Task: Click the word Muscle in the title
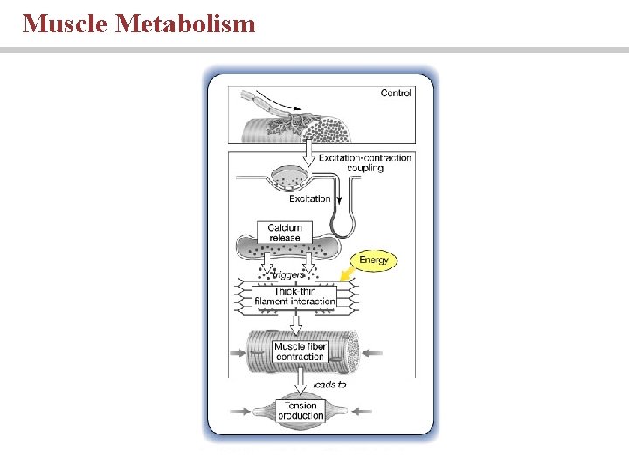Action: [65, 23]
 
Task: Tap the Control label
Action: [396, 93]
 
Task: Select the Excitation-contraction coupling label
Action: [364, 163]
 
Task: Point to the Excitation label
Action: [309, 198]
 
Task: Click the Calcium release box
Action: [285, 233]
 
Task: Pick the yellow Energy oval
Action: [373, 260]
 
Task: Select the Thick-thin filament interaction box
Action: [294, 296]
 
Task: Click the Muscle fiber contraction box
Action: [300, 352]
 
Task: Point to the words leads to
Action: [329, 384]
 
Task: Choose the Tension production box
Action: [300, 410]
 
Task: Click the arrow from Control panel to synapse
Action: [307, 155]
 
